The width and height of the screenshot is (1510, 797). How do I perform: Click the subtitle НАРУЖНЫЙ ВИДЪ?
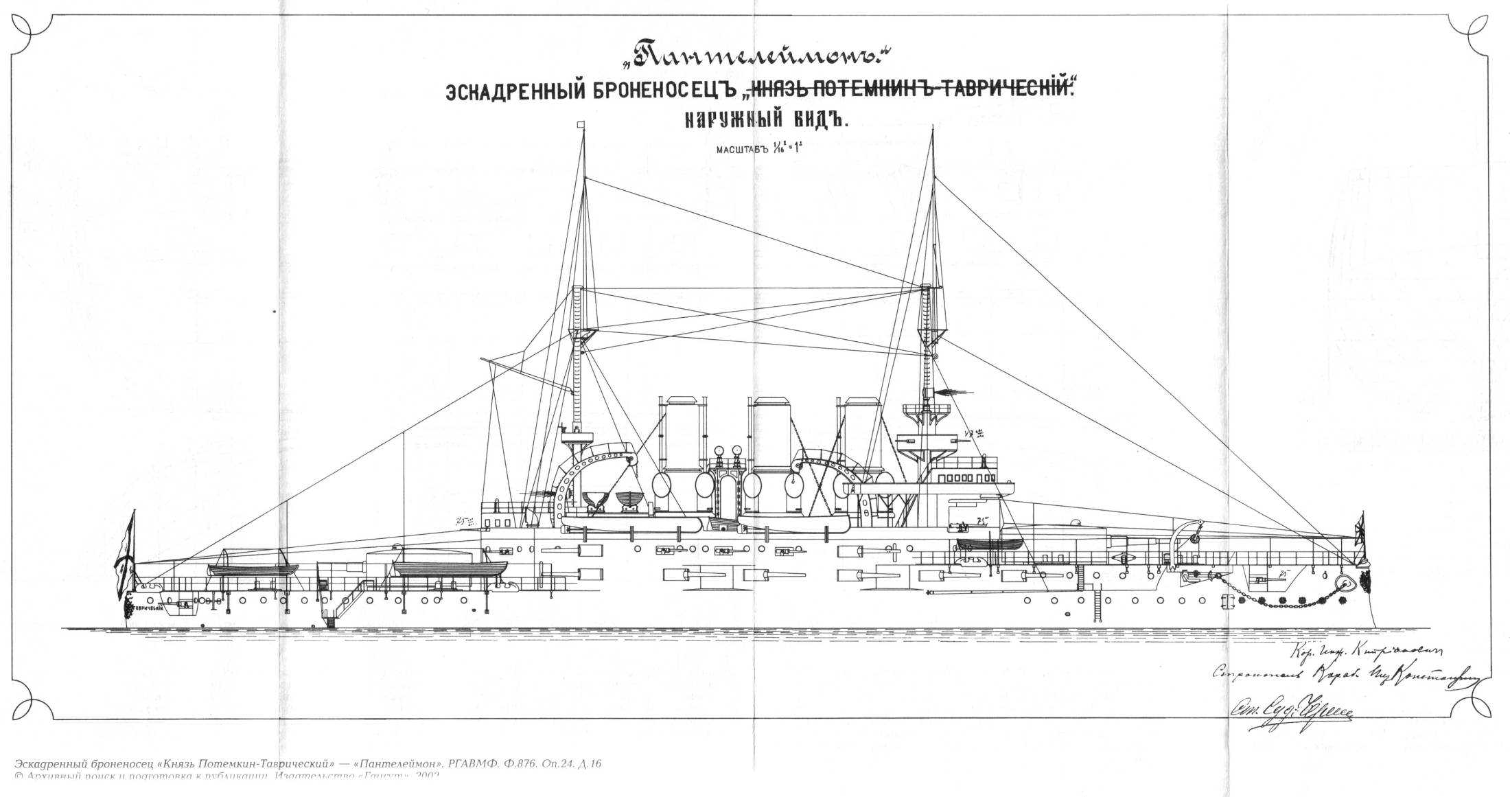[x=767, y=121]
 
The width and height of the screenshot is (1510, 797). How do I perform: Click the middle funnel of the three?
[x=772, y=453]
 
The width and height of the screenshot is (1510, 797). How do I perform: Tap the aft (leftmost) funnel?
[x=682, y=453]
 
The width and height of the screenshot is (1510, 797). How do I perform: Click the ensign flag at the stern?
[x=126, y=549]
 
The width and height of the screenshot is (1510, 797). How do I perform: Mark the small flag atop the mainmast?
[x=581, y=125]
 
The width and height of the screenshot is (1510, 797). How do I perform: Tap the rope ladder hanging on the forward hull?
[x=1097, y=602]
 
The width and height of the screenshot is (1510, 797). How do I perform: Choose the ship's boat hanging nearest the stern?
[x=253, y=568]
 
